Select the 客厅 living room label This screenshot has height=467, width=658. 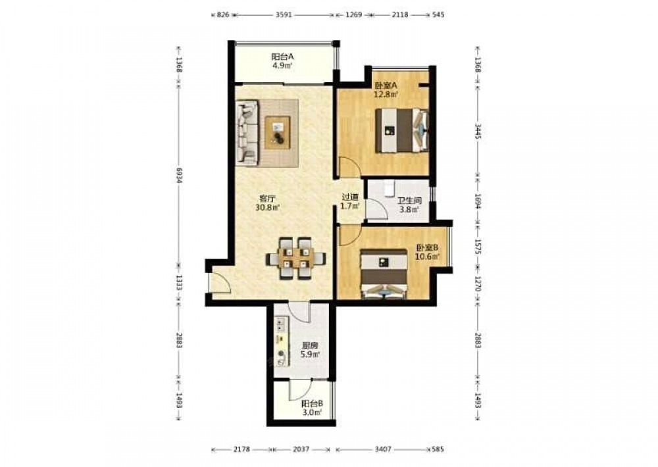(267, 198)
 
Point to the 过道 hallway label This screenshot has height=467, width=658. (350, 197)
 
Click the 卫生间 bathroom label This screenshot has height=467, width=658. (409, 201)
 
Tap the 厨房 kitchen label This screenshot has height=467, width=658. (310, 346)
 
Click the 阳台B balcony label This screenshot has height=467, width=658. (312, 404)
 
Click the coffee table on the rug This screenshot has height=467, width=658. (278, 132)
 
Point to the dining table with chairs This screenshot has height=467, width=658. (295, 258)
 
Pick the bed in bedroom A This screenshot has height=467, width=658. (401, 130)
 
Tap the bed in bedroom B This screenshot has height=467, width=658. (384, 274)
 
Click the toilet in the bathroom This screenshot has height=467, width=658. (389, 187)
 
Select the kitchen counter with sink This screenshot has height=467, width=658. (282, 341)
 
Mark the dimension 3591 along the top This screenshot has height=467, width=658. (284, 14)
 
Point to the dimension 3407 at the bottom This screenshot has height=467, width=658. (383, 449)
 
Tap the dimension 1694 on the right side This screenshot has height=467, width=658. (478, 201)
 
